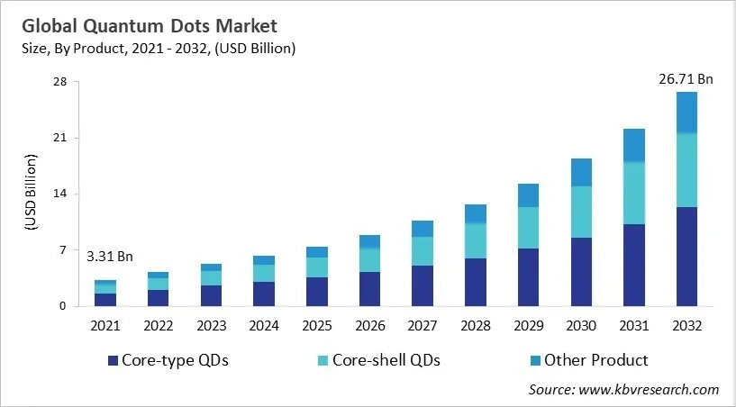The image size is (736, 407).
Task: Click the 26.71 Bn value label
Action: point(686,79)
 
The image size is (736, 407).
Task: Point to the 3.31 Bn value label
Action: point(110,257)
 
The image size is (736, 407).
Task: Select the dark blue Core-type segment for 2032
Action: point(686,257)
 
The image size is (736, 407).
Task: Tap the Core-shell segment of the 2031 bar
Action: point(633,193)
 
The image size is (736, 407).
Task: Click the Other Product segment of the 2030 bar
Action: point(581,172)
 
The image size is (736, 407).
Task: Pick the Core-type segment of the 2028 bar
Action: point(476,282)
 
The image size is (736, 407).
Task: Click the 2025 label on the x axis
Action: point(316,323)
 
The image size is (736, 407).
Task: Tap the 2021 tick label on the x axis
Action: point(105,323)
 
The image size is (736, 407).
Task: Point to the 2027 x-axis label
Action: point(423,323)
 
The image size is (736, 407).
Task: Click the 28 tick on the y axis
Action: point(61,83)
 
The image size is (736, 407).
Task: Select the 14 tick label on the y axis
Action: point(61,194)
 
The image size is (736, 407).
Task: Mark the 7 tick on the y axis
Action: point(65,250)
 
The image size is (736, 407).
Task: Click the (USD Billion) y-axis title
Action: point(31,194)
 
